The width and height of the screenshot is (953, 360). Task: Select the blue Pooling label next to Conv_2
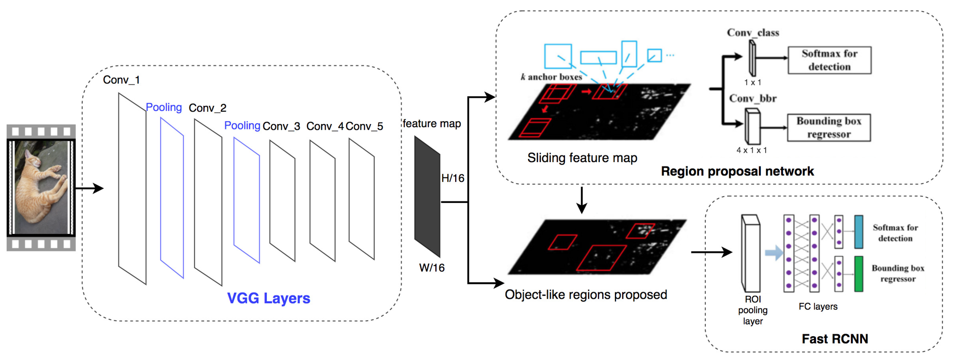164,107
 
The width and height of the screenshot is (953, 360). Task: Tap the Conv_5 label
364,126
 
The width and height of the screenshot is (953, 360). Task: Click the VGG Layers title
269,298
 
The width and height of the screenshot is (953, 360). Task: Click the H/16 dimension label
453,178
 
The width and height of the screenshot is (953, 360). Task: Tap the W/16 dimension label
432,268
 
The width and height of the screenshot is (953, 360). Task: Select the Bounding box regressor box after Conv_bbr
829,128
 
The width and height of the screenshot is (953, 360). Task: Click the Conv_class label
753,33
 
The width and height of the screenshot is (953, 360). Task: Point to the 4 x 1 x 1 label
751,150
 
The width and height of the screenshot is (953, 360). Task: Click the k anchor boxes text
551,77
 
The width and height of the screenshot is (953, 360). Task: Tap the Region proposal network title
737,171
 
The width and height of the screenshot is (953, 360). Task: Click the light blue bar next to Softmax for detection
859,232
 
